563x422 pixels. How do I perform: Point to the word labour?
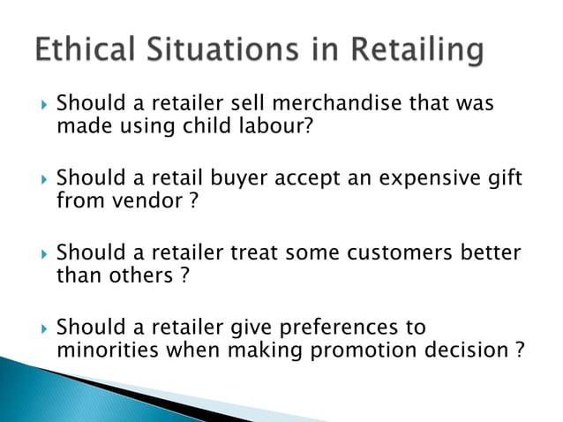pyautogui.click(x=264, y=126)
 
